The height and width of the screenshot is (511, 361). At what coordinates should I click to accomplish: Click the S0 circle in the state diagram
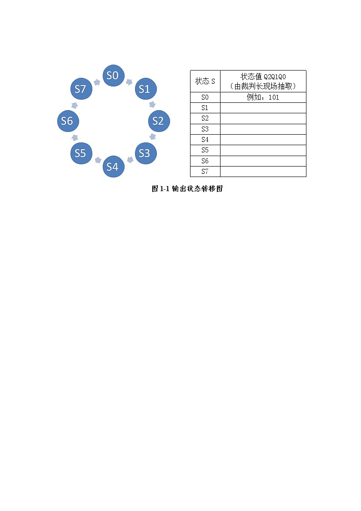pyautogui.click(x=112, y=76)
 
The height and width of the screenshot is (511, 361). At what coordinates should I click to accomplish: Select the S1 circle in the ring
pyautogui.click(x=144, y=89)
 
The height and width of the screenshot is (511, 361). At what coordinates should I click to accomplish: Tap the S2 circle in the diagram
pyautogui.click(x=157, y=121)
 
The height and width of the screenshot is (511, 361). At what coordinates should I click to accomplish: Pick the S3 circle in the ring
pyautogui.click(x=144, y=153)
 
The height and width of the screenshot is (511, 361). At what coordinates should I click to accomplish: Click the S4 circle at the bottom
pyautogui.click(x=112, y=167)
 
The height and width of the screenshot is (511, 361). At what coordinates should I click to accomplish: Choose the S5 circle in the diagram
pyautogui.click(x=80, y=153)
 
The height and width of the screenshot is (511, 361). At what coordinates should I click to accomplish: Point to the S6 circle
pyautogui.click(x=67, y=121)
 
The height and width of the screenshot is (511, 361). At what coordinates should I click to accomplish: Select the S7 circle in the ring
pyautogui.click(x=80, y=89)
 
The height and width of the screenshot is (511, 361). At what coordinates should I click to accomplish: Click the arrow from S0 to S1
pyautogui.click(x=129, y=82)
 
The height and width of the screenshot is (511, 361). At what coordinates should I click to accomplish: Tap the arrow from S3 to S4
pyautogui.click(x=130, y=160)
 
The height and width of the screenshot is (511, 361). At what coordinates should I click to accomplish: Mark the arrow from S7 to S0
pyautogui.click(x=96, y=82)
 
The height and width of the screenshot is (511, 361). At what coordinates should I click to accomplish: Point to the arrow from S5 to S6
pyautogui.click(x=74, y=137)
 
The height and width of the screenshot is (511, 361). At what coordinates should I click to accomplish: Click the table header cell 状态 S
pyautogui.click(x=205, y=81)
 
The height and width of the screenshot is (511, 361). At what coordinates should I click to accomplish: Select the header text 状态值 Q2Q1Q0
pyautogui.click(x=263, y=77)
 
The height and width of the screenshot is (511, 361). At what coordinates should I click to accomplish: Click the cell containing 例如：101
pyautogui.click(x=263, y=97)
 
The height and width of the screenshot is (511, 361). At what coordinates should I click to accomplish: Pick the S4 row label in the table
pyautogui.click(x=205, y=140)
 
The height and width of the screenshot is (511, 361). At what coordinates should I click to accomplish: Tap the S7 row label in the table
pyautogui.click(x=205, y=172)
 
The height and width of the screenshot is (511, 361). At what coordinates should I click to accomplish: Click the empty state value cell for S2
pyautogui.click(x=263, y=118)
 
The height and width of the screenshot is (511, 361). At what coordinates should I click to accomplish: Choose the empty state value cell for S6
pyautogui.click(x=263, y=161)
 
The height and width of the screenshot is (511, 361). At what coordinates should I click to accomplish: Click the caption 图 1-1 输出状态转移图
pyautogui.click(x=187, y=189)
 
